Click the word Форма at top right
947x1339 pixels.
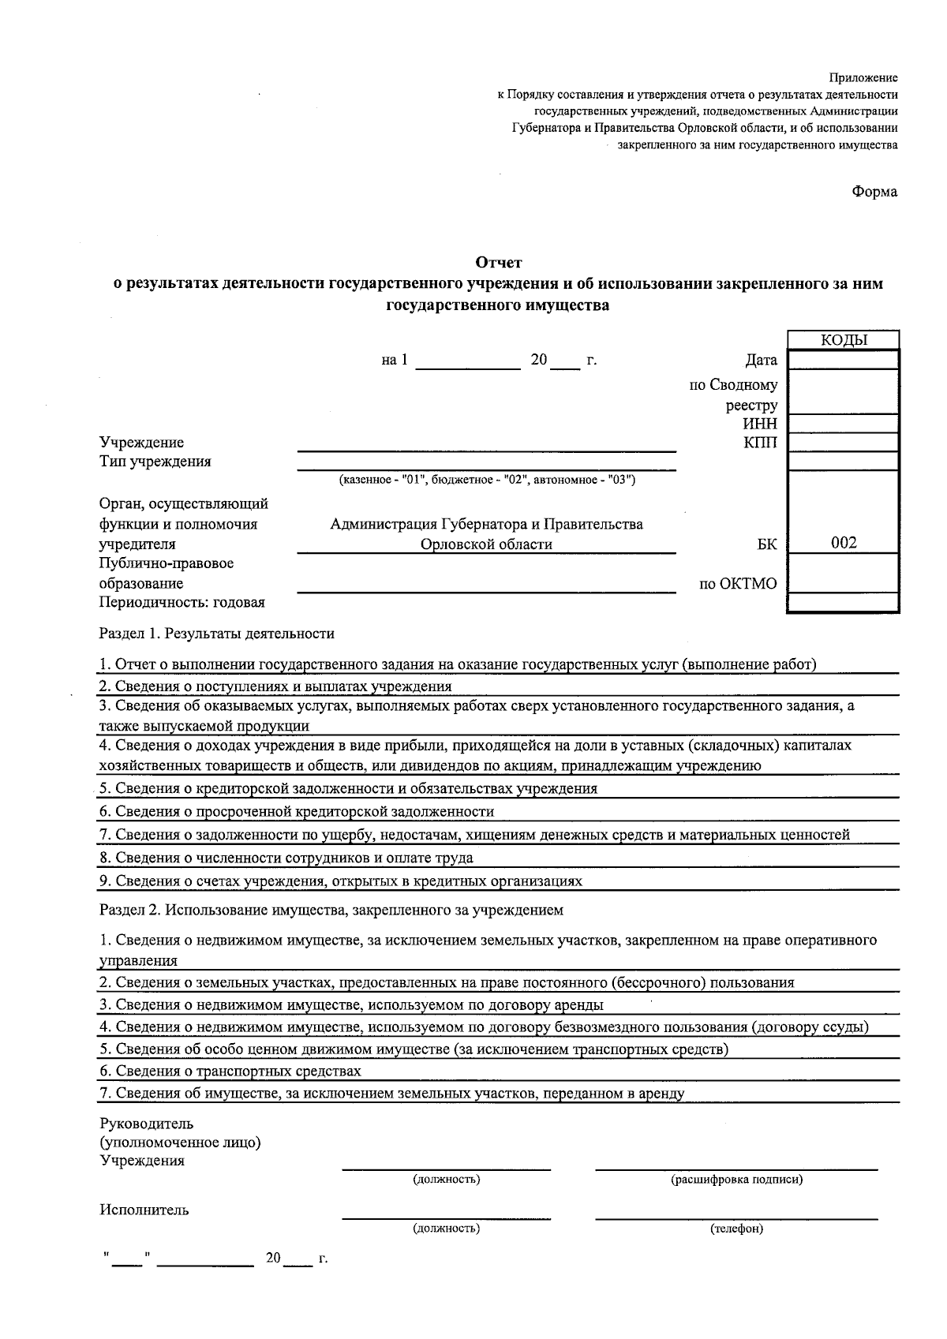tap(874, 192)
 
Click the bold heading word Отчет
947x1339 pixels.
tap(499, 262)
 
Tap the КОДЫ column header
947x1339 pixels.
tap(844, 340)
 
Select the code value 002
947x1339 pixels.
tap(844, 543)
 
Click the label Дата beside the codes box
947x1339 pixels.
tap(761, 361)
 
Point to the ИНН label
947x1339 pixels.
tap(760, 425)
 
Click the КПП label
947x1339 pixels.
tap(760, 443)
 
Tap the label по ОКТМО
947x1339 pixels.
tap(738, 584)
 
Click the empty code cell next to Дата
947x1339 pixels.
tap(844, 361)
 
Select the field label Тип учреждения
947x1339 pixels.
tap(155, 462)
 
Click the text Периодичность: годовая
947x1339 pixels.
tap(182, 603)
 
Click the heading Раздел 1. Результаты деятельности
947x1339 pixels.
tap(216, 634)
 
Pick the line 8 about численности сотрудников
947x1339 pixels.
tap(286, 858)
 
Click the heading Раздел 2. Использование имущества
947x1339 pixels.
tap(331, 910)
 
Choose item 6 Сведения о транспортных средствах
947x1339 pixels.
tap(230, 1072)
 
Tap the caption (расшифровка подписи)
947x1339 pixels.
tap(736, 1180)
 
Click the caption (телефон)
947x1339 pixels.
tap(736, 1229)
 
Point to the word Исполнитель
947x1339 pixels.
tap(144, 1210)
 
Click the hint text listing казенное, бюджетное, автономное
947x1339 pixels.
tap(486, 480)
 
